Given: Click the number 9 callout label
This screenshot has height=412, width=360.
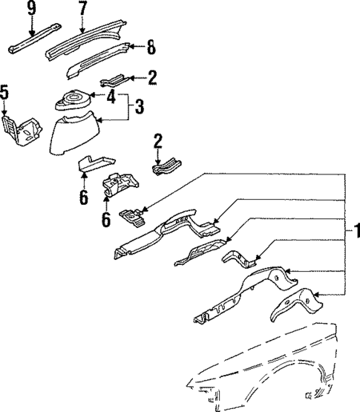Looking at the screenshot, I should click(31, 9).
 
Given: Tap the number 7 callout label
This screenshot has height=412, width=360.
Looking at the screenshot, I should click(82, 9).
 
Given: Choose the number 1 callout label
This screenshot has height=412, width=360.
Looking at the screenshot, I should click(356, 232).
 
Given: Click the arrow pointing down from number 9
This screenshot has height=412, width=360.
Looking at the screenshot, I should click(31, 30).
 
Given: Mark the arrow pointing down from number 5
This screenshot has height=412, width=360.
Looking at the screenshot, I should click(7, 111).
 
